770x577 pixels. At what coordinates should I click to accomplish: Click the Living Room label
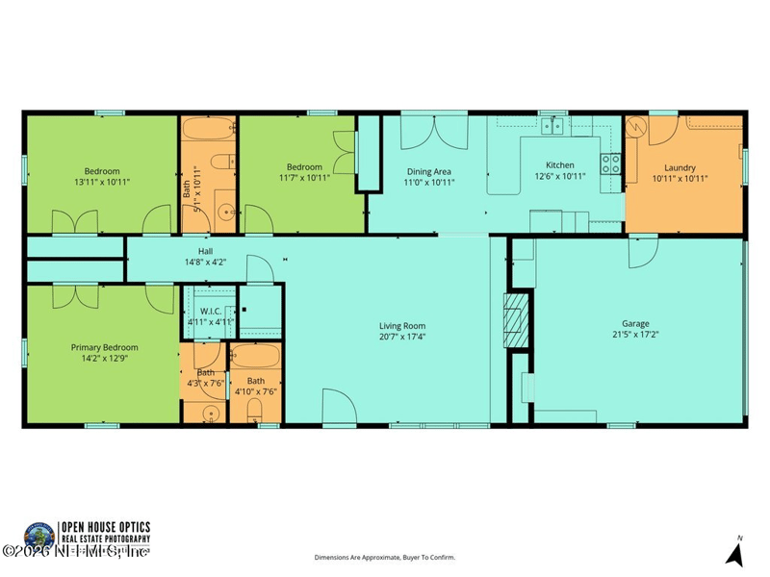401,326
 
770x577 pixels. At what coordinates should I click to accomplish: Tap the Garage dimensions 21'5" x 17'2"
640,336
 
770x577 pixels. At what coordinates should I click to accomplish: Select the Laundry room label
680,165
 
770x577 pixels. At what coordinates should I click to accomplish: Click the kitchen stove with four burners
610,163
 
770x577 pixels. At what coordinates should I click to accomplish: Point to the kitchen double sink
552,125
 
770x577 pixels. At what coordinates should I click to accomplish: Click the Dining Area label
428,170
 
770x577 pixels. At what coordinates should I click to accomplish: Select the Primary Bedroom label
104,347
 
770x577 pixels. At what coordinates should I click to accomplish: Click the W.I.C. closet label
212,311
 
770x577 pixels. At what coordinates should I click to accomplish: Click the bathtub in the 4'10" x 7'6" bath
255,357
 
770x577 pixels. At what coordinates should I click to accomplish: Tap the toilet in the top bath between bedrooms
221,162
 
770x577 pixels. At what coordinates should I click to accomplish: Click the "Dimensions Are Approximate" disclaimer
385,557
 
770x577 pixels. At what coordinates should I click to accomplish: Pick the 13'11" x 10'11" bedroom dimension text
102,181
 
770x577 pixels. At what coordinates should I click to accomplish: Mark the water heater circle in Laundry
636,132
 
